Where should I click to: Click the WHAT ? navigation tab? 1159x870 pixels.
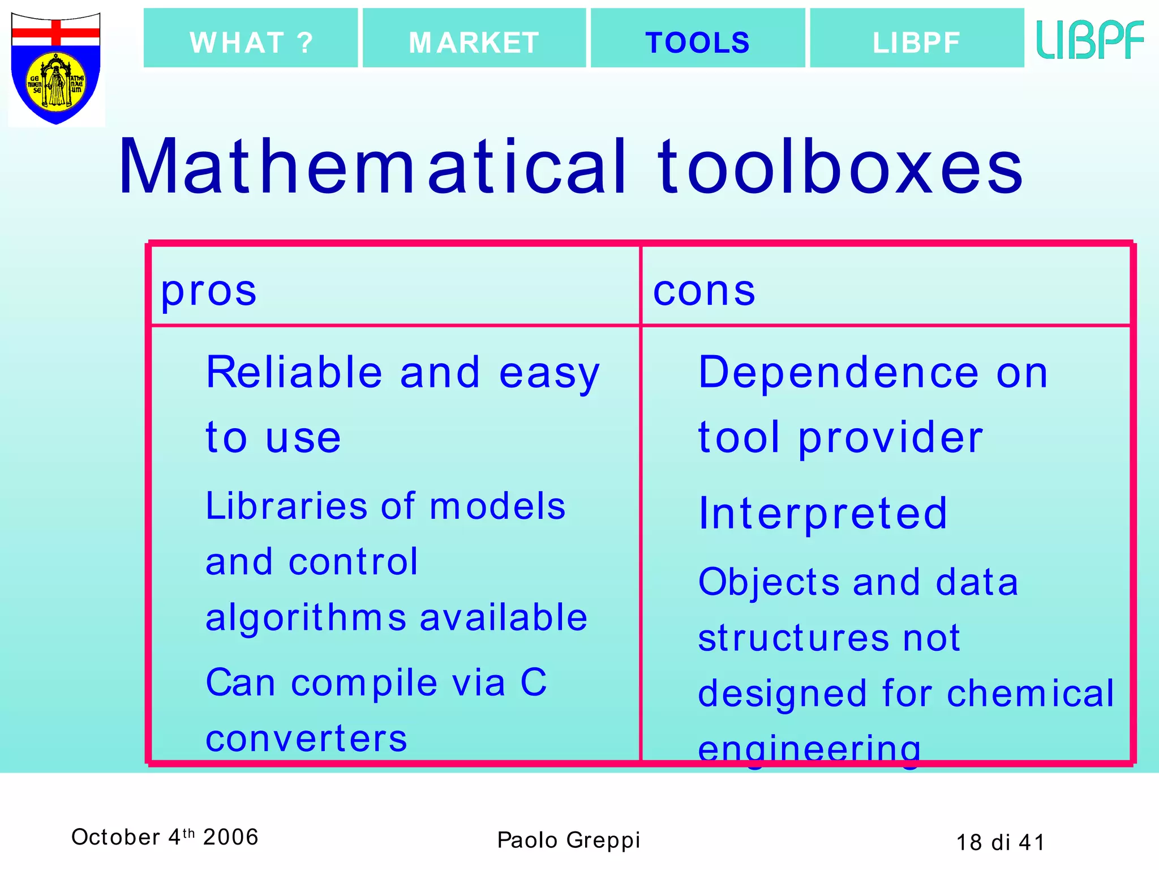pyautogui.click(x=251, y=42)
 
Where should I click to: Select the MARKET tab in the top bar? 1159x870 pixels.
pyautogui.click(x=474, y=42)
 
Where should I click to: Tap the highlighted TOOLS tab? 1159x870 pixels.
pyautogui.click(x=697, y=42)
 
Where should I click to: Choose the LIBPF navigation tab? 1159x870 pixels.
pyautogui.click(x=916, y=42)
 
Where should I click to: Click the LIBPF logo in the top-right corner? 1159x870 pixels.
pyautogui.click(x=1090, y=40)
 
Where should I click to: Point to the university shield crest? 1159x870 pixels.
pyautogui.click(x=56, y=69)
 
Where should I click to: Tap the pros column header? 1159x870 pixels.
pyautogui.click(x=209, y=292)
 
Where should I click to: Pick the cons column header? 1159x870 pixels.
pyautogui.click(x=704, y=292)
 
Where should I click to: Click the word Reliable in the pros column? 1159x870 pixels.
pyautogui.click(x=294, y=373)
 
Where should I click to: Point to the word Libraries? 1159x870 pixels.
pyautogui.click(x=286, y=506)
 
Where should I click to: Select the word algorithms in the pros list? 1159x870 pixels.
pyautogui.click(x=306, y=618)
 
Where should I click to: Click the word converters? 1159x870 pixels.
pyautogui.click(x=306, y=739)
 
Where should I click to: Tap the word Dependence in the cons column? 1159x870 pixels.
pyautogui.click(x=838, y=373)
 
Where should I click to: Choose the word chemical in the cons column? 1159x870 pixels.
pyautogui.click(x=1031, y=693)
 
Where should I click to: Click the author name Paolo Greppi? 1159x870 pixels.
pyautogui.click(x=568, y=840)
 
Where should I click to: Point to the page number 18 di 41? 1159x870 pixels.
pyautogui.click(x=1000, y=842)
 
